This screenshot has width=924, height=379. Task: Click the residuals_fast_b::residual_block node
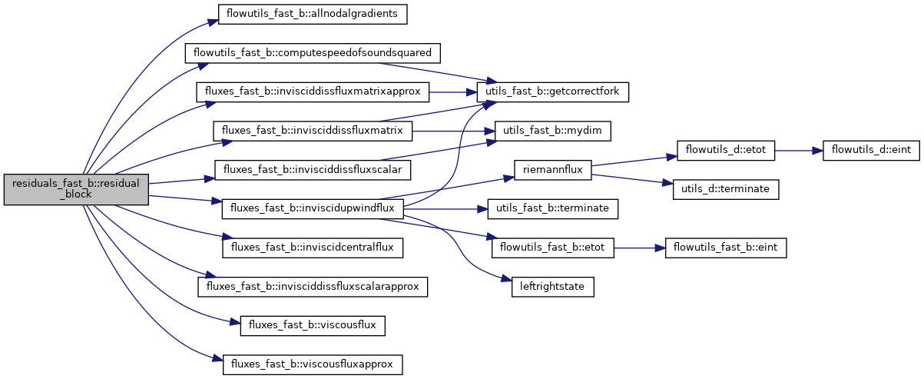(75, 188)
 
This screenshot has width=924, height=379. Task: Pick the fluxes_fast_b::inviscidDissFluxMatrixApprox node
(312, 91)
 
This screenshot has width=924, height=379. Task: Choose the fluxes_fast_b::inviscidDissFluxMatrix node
(313, 130)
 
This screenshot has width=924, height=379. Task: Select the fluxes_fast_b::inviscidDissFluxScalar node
(313, 168)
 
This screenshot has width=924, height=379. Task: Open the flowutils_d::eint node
(870, 151)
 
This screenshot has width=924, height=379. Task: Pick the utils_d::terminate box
(726, 189)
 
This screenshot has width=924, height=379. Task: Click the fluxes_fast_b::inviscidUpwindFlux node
(313, 208)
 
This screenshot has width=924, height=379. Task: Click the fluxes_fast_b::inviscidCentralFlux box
(313, 248)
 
